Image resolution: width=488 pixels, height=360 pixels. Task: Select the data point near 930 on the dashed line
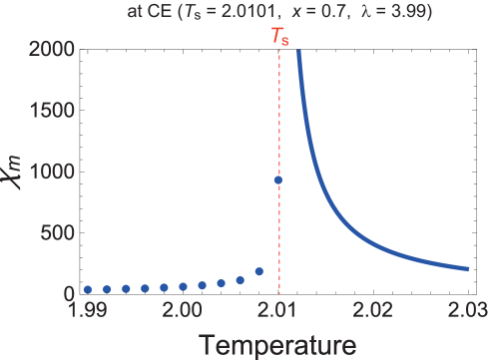coord(278,180)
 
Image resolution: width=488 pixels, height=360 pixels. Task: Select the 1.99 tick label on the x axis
coord(88,314)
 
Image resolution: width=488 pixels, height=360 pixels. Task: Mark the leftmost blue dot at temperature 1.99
coord(88,289)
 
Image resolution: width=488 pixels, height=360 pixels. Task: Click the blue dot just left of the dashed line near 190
coord(259,271)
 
